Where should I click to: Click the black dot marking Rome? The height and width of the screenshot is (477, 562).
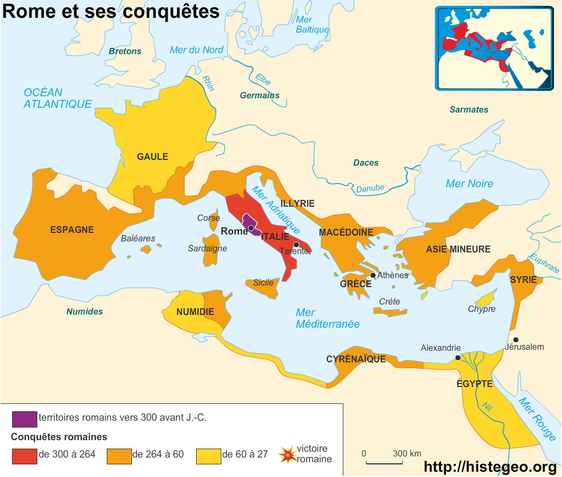[251, 228]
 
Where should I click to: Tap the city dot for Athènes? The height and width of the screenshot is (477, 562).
[373, 275]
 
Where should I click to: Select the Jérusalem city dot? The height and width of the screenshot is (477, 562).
[516, 340]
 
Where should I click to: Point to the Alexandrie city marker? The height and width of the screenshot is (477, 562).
[458, 358]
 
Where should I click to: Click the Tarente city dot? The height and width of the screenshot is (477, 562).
[297, 245]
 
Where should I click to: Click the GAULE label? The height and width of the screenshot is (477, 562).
[152, 157]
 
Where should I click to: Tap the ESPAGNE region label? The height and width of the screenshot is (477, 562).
[72, 230]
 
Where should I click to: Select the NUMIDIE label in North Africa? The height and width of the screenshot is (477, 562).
[195, 312]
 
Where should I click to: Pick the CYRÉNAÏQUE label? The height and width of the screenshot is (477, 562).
[356, 360]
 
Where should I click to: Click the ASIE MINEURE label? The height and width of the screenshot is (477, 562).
[458, 249]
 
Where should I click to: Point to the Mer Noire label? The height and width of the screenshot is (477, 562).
[469, 184]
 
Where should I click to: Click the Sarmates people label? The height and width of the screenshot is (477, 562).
[469, 110]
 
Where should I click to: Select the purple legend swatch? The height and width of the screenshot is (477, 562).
[25, 419]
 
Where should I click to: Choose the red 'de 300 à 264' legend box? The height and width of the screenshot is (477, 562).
[25, 455]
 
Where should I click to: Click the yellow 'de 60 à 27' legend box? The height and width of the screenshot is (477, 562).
[208, 455]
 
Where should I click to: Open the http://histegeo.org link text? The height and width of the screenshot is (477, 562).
[489, 466]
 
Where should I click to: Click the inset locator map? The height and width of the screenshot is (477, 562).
[494, 48]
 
